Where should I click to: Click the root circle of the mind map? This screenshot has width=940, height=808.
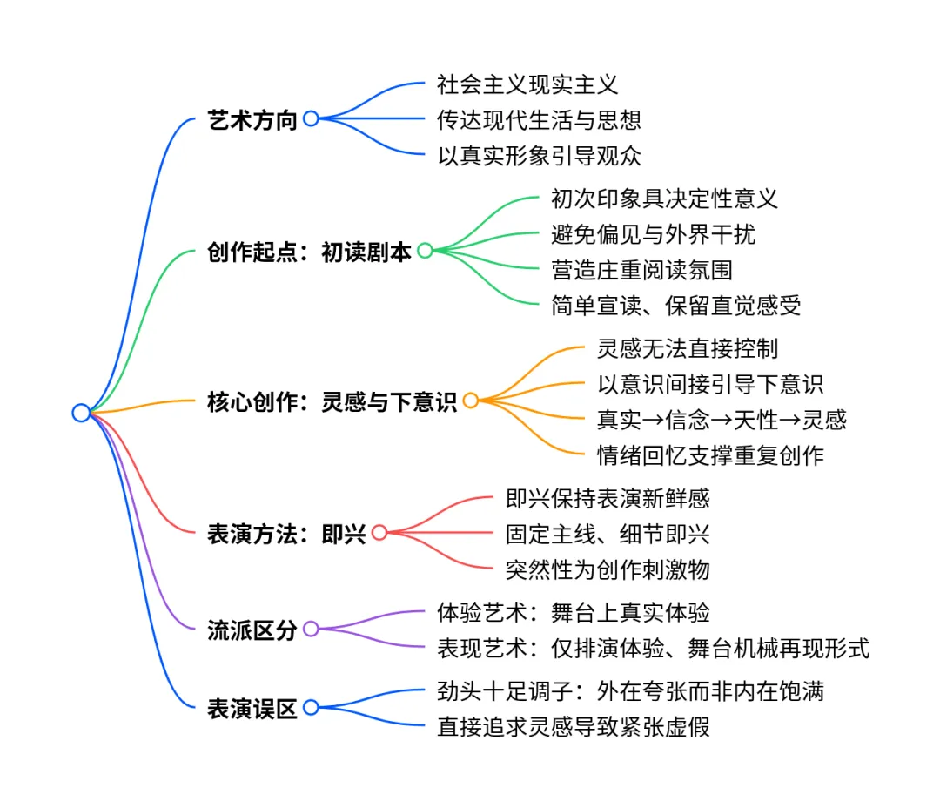pyautogui.click(x=81, y=413)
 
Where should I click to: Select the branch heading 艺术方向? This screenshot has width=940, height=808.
pyautogui.click(x=252, y=119)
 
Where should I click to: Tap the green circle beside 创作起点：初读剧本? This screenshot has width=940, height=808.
pyautogui.click(x=425, y=251)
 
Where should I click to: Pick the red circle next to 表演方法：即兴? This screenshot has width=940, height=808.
pyautogui.click(x=379, y=532)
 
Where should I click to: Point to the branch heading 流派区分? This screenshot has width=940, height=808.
pyautogui.click(x=252, y=629)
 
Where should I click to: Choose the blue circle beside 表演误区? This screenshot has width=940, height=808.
pyautogui.click(x=311, y=708)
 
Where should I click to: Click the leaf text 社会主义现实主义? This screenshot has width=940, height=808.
pyautogui.click(x=527, y=84)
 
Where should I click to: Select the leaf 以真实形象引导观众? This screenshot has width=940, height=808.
pyautogui.click(x=539, y=156)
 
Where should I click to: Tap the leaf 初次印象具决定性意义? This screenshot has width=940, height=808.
pyautogui.click(x=664, y=199)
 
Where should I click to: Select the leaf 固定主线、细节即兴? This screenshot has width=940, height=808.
pyautogui.click(x=608, y=533)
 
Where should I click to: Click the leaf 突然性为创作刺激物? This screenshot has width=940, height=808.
pyautogui.click(x=608, y=569)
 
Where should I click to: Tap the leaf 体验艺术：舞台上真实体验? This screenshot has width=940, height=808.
pyautogui.click(x=573, y=612)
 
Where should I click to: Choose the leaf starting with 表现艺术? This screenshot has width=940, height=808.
pyautogui.click(x=653, y=648)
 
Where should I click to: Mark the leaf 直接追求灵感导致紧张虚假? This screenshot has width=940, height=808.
pyautogui.click(x=573, y=726)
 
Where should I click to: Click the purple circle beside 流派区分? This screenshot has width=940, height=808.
pyautogui.click(x=311, y=629)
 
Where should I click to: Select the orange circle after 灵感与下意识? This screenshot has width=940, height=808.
pyautogui.click(x=471, y=401)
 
